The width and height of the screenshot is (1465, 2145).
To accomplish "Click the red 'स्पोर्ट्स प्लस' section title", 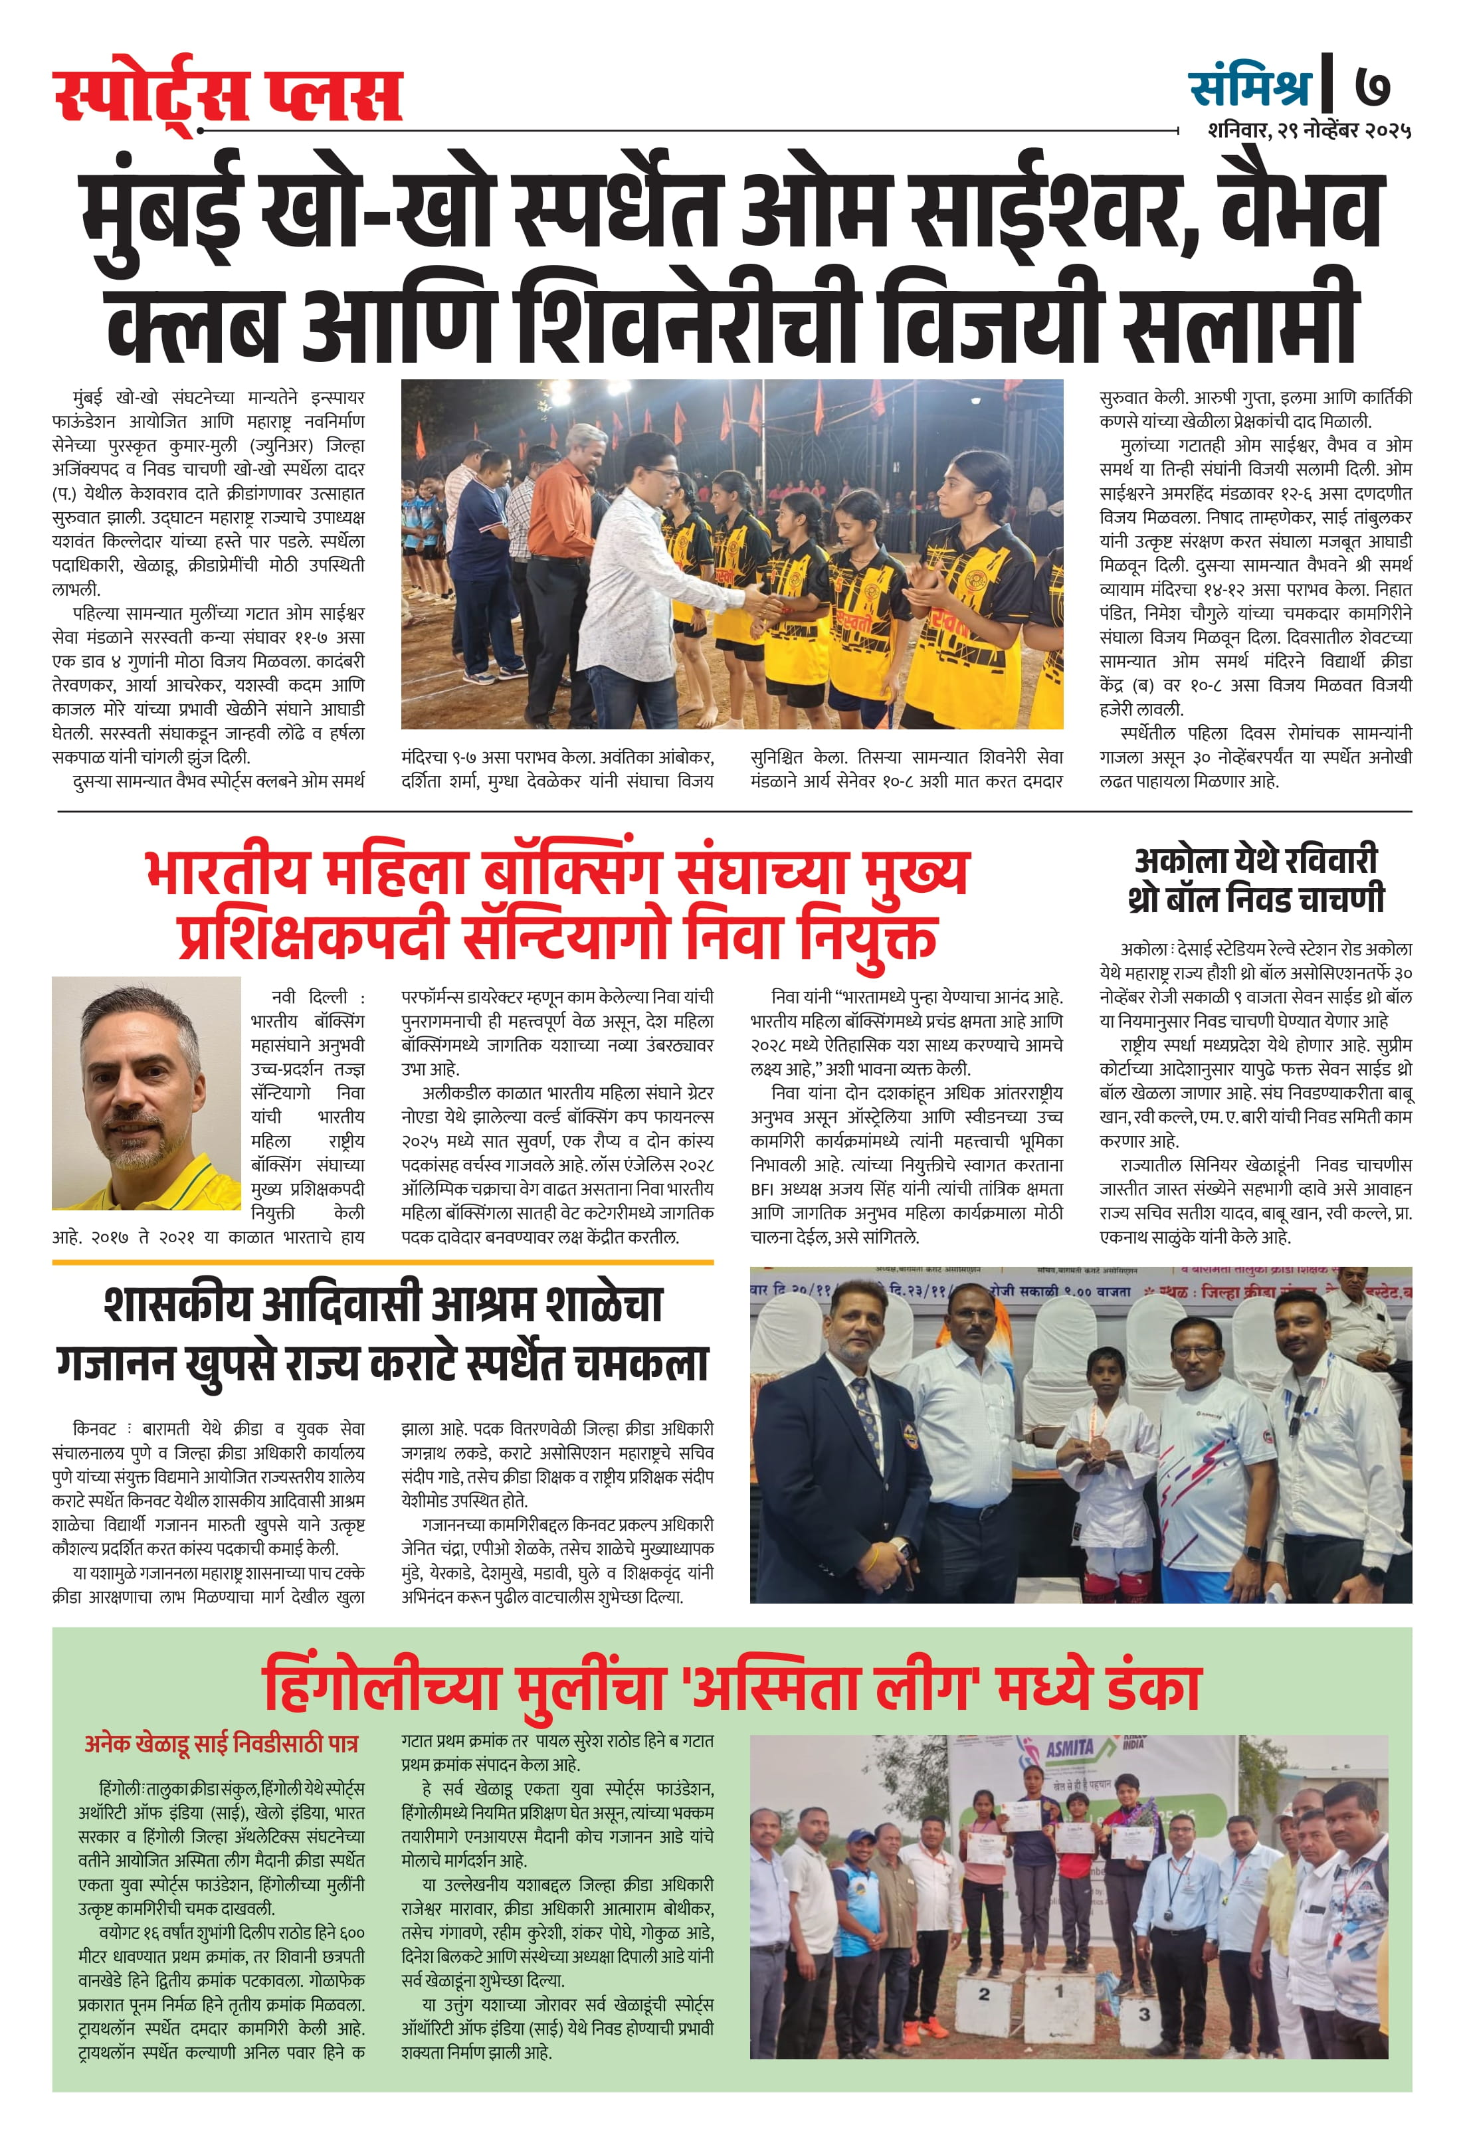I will [x=228, y=96].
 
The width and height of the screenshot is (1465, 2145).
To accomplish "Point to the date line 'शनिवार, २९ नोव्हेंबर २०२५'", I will [x=1309, y=131].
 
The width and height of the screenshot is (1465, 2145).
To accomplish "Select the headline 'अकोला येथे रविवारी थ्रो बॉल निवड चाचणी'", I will [x=1256, y=880].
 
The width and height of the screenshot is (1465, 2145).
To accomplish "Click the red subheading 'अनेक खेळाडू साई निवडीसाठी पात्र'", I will [x=221, y=1742].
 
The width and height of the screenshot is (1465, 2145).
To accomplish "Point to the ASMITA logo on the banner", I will [x=1068, y=1747].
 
